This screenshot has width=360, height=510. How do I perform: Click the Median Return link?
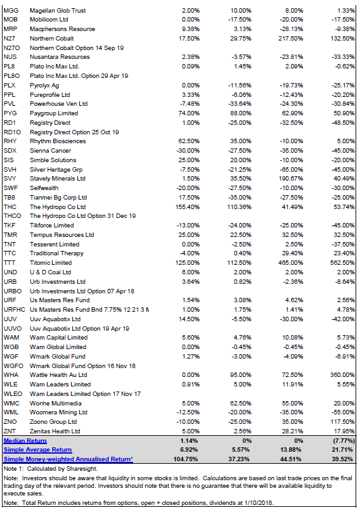pos(25,441)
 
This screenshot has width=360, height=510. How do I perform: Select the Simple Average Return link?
pos(37,450)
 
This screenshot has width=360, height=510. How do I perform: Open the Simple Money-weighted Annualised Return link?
pos(68,459)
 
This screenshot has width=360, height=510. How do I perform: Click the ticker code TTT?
pos(10,263)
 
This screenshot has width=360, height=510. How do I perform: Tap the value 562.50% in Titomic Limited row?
pos(342,263)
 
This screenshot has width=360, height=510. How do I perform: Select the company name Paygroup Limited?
pos(54,113)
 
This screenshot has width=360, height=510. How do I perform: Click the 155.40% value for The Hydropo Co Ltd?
pos(188,207)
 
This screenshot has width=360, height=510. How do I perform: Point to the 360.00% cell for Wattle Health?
pos(342,375)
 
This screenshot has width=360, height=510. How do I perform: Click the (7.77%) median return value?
pos(343,441)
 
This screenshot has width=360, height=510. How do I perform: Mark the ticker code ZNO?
pos(10,422)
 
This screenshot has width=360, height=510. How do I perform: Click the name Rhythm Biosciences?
pos(58,141)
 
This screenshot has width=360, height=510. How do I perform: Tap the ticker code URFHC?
pos(15,310)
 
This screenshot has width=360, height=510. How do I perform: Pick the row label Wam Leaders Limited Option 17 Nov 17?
pos(85,394)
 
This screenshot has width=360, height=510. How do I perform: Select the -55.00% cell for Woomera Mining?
pos(344,412)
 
